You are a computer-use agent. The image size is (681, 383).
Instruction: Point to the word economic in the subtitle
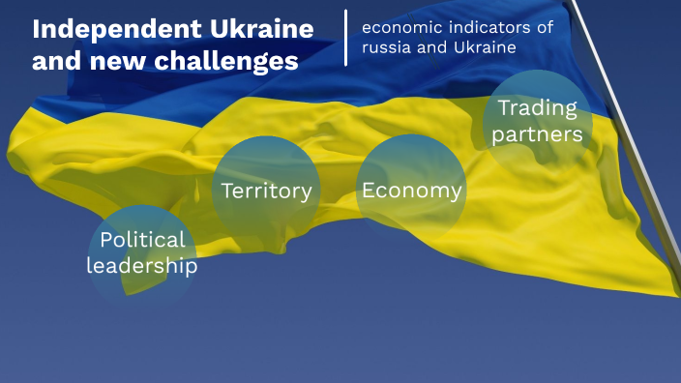click(398, 27)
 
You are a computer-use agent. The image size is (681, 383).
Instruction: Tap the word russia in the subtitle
click(386, 46)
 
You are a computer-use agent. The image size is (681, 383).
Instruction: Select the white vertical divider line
click(345, 38)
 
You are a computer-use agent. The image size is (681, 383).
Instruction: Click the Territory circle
click(266, 190)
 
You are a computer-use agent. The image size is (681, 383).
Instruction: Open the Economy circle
click(411, 190)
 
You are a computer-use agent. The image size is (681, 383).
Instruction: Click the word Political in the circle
click(141, 240)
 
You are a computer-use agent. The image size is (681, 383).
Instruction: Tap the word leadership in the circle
click(141, 265)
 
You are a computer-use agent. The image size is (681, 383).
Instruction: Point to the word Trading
click(538, 108)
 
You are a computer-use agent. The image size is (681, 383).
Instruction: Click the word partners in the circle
click(538, 134)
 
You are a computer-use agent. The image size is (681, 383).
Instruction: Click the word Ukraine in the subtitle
click(481, 46)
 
